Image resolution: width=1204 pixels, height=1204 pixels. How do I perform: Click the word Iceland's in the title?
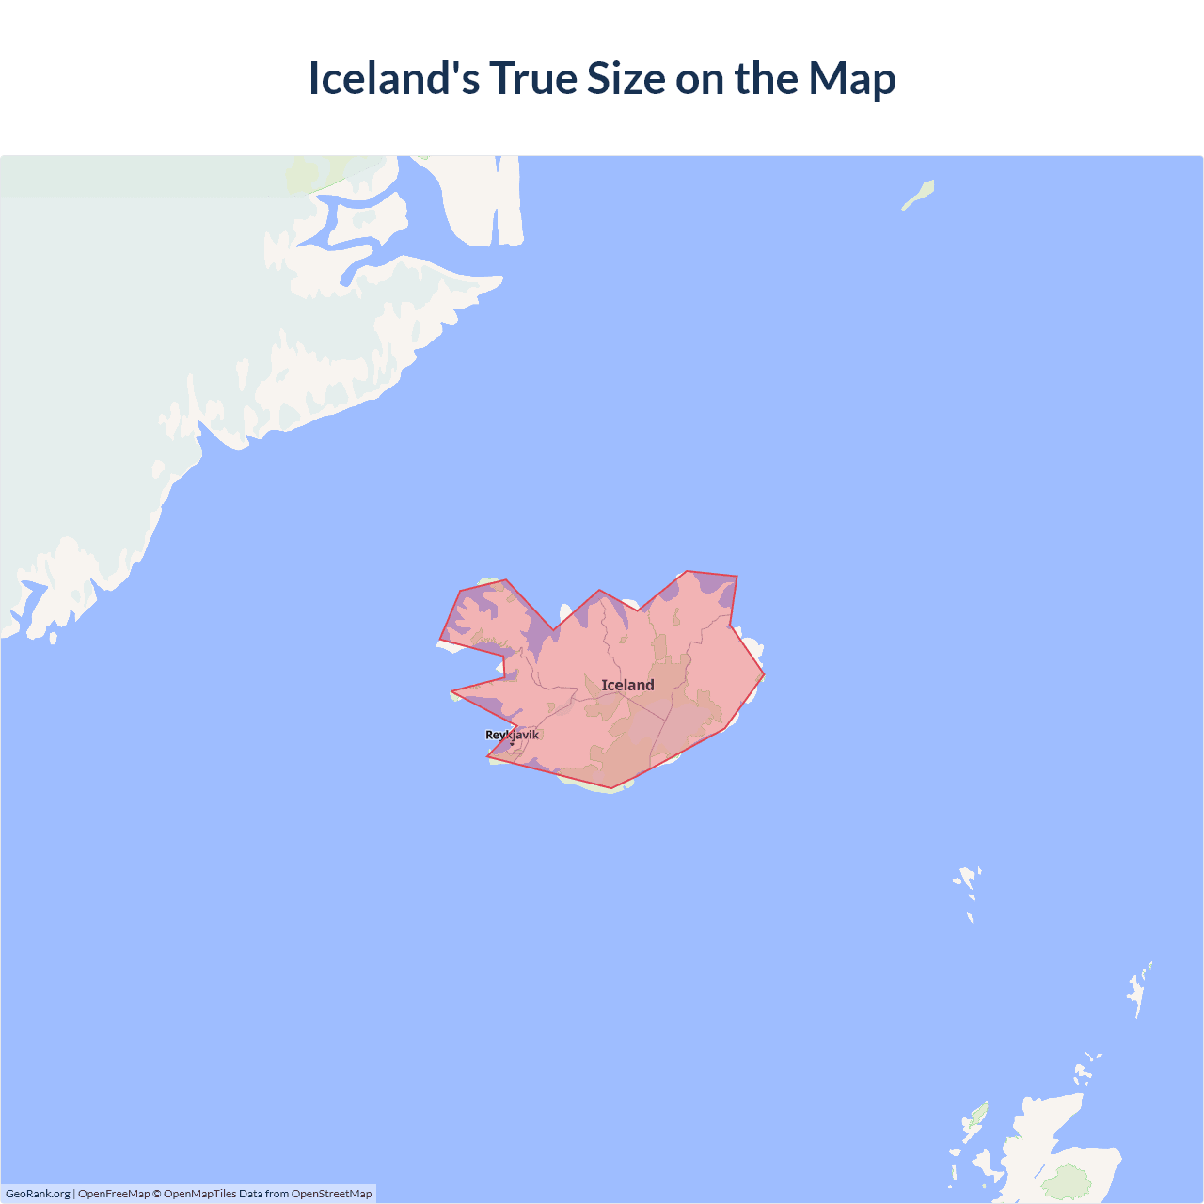(393, 79)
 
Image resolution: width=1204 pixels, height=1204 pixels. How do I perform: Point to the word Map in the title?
(851, 79)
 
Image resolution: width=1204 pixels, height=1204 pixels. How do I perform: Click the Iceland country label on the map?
(627, 685)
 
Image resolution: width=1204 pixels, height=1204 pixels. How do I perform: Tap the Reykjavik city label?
(512, 735)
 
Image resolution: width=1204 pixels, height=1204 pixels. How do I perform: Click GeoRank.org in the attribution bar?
(38, 1194)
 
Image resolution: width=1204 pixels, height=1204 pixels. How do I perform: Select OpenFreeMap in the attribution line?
(114, 1194)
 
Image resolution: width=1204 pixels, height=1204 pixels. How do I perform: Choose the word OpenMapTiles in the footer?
(199, 1194)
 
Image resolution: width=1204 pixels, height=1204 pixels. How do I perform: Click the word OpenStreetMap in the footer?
(331, 1194)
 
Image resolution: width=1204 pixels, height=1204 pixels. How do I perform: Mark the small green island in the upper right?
(919, 195)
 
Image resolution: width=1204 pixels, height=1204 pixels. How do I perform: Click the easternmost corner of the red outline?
(764, 674)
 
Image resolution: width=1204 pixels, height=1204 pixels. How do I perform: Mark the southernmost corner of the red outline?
(611, 788)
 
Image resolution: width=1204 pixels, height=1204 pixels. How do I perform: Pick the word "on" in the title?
(699, 79)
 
